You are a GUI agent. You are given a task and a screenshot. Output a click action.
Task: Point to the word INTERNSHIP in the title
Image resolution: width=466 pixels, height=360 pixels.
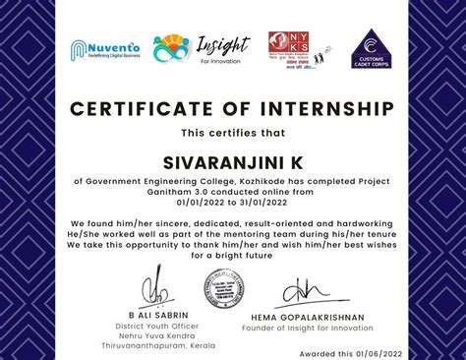point(320,107)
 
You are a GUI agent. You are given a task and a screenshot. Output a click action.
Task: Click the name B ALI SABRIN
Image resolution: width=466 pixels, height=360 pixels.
point(156,316)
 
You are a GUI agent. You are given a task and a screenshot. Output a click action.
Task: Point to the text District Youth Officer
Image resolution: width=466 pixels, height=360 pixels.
point(156,327)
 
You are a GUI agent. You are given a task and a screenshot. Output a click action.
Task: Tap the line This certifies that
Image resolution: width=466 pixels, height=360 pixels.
point(232,133)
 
